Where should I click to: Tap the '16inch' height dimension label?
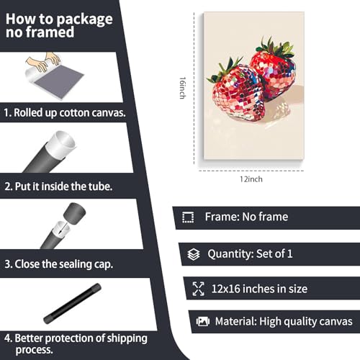(182, 88)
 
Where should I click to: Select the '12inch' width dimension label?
(251, 179)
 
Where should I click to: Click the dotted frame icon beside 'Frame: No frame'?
(188, 217)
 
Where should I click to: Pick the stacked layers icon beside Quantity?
(194, 254)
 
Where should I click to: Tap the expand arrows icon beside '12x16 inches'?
(198, 289)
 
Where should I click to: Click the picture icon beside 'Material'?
(203, 321)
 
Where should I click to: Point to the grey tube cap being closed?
(74, 213)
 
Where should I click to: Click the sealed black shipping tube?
(72, 303)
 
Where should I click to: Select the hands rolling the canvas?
(44, 61)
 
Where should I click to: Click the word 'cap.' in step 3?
(104, 264)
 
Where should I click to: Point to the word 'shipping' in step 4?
(127, 338)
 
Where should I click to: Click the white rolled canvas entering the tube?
(60, 145)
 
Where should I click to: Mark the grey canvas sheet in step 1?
(59, 81)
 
